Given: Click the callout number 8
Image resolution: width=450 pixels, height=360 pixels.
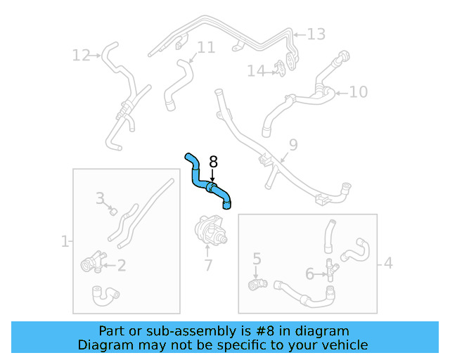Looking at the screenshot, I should point(214,162).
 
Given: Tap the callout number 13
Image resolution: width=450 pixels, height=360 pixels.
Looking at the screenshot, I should point(316,34).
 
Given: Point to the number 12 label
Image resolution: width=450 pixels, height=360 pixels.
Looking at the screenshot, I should point(82,55).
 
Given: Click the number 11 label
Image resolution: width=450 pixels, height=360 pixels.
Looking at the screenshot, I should point(205,47).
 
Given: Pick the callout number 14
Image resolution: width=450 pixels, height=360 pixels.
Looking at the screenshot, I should point(255,70).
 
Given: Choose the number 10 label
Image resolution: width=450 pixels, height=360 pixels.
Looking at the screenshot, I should point(359,91).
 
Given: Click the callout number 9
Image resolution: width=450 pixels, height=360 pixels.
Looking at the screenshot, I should point(292,145).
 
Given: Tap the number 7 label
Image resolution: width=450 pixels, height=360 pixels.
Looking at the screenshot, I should point(207,266).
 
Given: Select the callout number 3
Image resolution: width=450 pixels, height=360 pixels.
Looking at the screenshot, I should point(100,198).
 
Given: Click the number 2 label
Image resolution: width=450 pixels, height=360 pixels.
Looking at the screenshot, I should point(121,265).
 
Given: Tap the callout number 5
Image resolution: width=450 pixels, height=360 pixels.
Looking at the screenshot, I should point(257,259).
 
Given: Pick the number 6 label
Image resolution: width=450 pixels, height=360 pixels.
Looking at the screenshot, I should point(309,274).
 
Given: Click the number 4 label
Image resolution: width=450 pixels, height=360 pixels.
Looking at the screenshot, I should point(387,264).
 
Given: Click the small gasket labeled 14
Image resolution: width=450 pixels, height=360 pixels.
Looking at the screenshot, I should point(281,68).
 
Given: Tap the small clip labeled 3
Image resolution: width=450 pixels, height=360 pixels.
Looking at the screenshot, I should point(112,210).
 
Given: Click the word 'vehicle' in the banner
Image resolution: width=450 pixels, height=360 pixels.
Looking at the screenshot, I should point(345,345).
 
